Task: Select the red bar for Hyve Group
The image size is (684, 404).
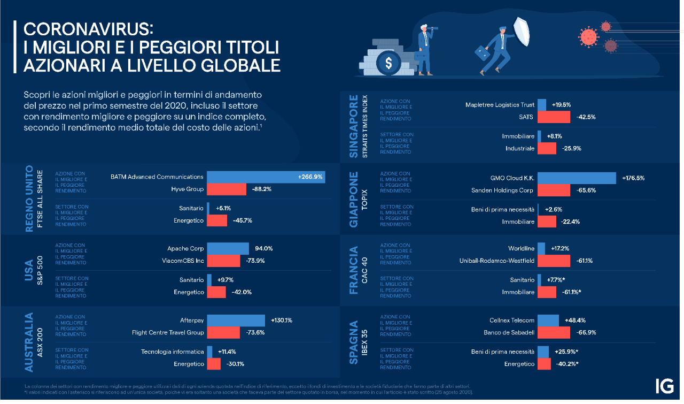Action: tap(226, 189)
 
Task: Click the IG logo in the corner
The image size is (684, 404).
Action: tap(664, 386)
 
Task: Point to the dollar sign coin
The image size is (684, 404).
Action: tap(387, 63)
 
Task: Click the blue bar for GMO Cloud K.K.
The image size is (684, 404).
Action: tap(577, 178)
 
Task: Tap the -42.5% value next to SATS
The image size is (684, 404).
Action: tap(586, 117)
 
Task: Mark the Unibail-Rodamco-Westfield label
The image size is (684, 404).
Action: tap(497, 261)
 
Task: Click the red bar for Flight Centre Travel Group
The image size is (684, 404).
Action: tap(216, 333)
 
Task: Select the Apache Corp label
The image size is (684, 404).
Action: tap(185, 249)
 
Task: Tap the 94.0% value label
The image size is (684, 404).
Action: tap(264, 248)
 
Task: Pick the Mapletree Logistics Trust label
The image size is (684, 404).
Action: tap(500, 105)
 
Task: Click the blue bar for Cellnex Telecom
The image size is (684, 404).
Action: tap(548, 320)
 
